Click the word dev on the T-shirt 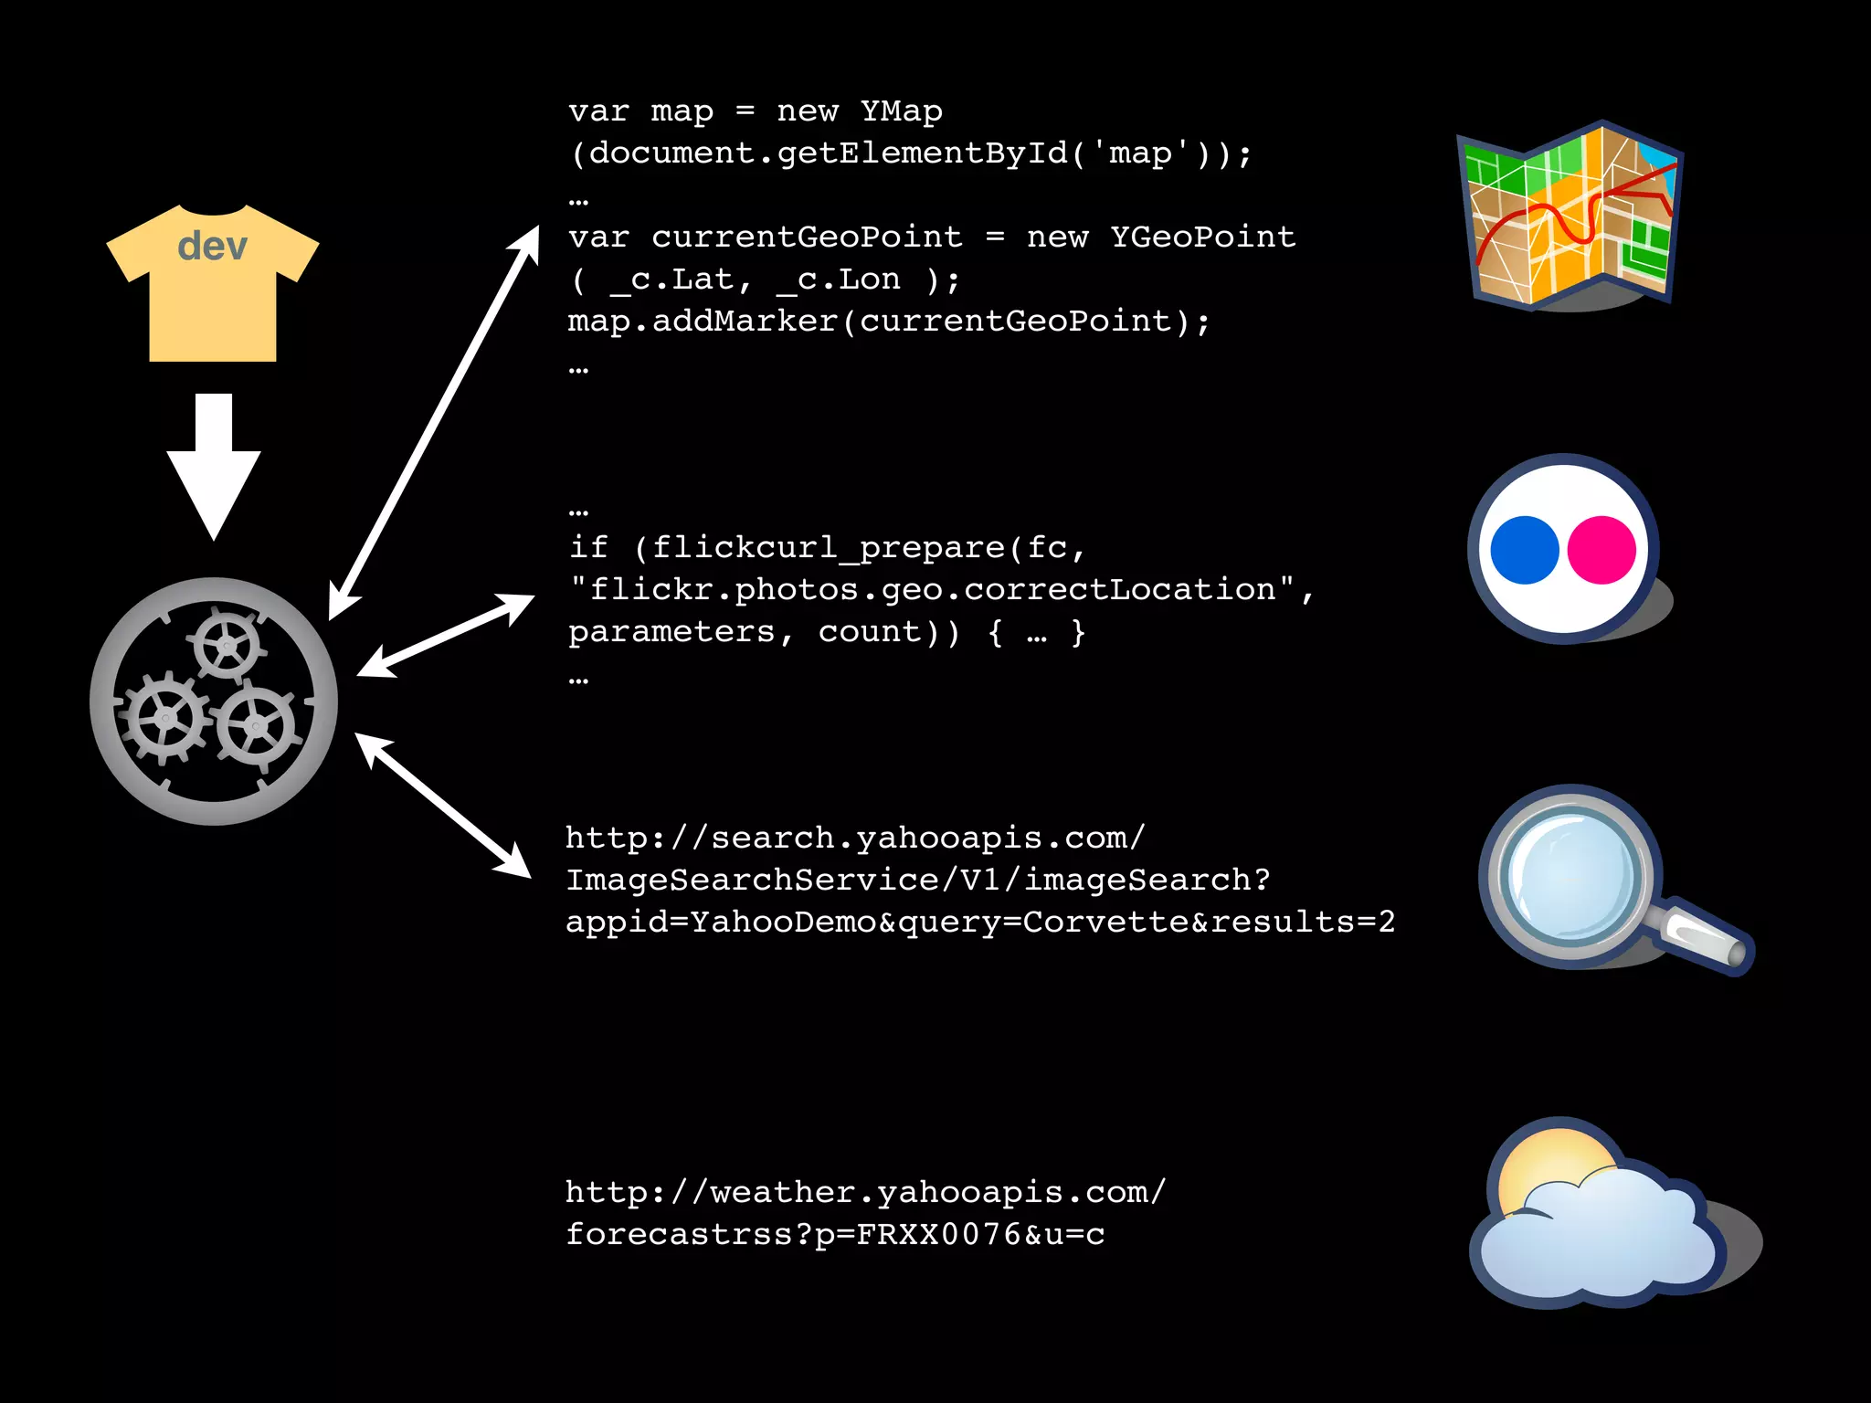click(212, 247)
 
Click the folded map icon click(1570, 215)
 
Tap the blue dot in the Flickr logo click(1524, 550)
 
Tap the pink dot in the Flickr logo click(1601, 550)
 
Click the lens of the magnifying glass click(1570, 875)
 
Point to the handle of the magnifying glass click(1705, 939)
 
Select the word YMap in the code click(901, 111)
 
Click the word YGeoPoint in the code click(1202, 237)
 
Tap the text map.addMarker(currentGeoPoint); click(888, 322)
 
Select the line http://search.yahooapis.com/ click(855, 838)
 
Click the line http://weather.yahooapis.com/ click(865, 1192)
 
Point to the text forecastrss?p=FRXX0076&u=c click(835, 1235)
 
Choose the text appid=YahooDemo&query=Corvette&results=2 click(979, 922)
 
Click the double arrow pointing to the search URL click(443, 805)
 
